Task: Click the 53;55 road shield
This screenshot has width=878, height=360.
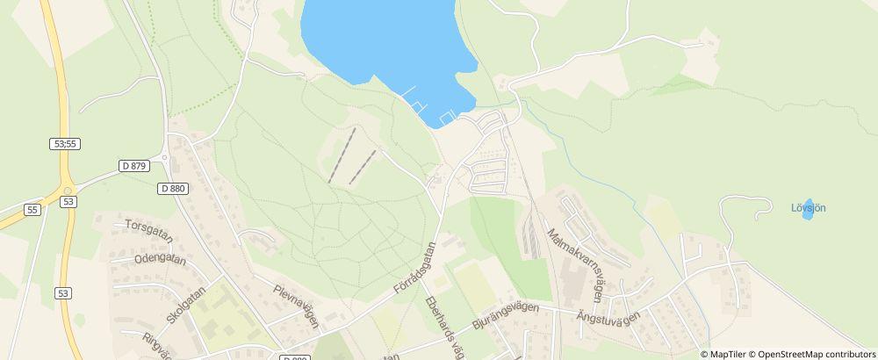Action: pyautogui.click(x=66, y=143)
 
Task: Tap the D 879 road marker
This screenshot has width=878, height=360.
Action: pyautogui.click(x=134, y=165)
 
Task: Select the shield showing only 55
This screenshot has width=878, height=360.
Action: pyautogui.click(x=32, y=210)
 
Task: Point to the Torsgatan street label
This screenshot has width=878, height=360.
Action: pyautogui.click(x=149, y=231)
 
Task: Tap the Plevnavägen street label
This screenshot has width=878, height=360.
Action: pyautogui.click(x=294, y=306)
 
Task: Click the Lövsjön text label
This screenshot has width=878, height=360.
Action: pyautogui.click(x=808, y=208)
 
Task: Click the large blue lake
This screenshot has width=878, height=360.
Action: pyautogui.click(x=378, y=40)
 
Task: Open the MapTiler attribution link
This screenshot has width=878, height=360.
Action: pyautogui.click(x=726, y=354)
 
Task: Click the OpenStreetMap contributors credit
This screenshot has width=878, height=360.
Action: pyautogui.click(x=815, y=354)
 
